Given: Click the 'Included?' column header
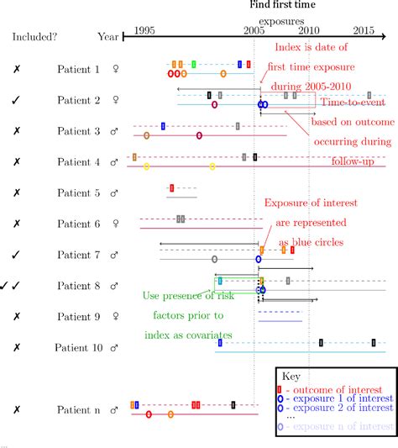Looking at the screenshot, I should [34, 37].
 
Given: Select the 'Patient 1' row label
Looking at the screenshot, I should [78, 70].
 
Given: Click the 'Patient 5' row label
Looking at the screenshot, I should [78, 192].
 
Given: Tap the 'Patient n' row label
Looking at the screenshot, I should [78, 409].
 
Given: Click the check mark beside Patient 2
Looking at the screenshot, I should [17, 101].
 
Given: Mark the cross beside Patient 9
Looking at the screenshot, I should [17, 316].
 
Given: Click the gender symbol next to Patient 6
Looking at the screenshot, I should [115, 224].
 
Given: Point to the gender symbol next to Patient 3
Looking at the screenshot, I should [115, 131].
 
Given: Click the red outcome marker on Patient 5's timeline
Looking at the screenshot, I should [172, 188].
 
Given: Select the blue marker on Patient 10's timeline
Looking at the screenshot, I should [220, 343].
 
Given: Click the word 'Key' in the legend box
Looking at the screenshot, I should [291, 377].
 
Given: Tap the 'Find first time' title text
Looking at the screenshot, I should [282, 6].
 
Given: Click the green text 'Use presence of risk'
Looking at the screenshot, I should [196, 296].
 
